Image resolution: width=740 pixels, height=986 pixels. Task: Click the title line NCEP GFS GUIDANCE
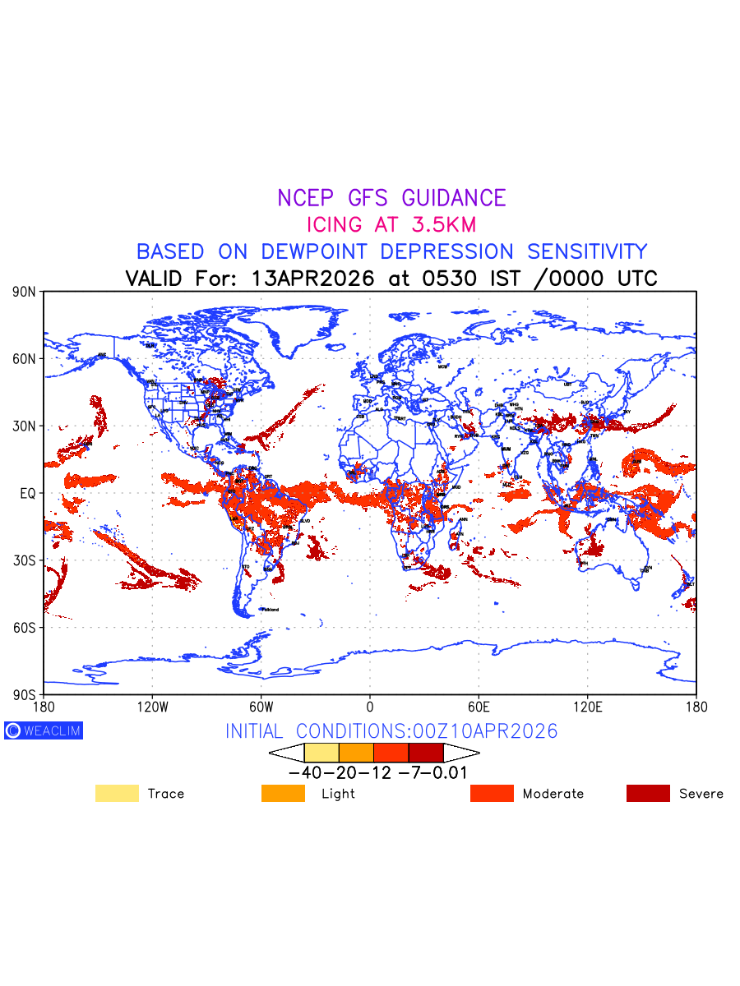click(x=391, y=198)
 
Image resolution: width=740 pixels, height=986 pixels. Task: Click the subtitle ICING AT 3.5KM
click(x=391, y=224)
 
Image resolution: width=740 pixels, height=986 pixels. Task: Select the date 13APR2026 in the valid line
click(x=313, y=279)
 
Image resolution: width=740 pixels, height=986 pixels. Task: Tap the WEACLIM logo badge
click(x=44, y=730)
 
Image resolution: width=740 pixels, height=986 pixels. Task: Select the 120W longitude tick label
click(x=152, y=707)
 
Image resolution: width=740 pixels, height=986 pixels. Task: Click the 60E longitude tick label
click(x=479, y=707)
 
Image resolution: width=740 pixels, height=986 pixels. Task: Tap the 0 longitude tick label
click(x=370, y=707)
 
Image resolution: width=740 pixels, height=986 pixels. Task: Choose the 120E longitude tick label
click(x=587, y=707)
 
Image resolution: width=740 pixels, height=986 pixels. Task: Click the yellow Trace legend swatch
click(x=117, y=794)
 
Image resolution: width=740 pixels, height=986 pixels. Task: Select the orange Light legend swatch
click(x=283, y=794)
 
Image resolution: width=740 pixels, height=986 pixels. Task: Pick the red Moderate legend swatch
click(x=492, y=794)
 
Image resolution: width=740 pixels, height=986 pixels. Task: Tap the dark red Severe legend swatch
click(x=648, y=794)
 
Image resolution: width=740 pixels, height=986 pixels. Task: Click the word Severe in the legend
click(x=701, y=794)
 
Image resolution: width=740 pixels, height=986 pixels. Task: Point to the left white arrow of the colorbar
click(x=287, y=753)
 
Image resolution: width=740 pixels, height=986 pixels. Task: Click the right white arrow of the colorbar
click(x=461, y=753)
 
